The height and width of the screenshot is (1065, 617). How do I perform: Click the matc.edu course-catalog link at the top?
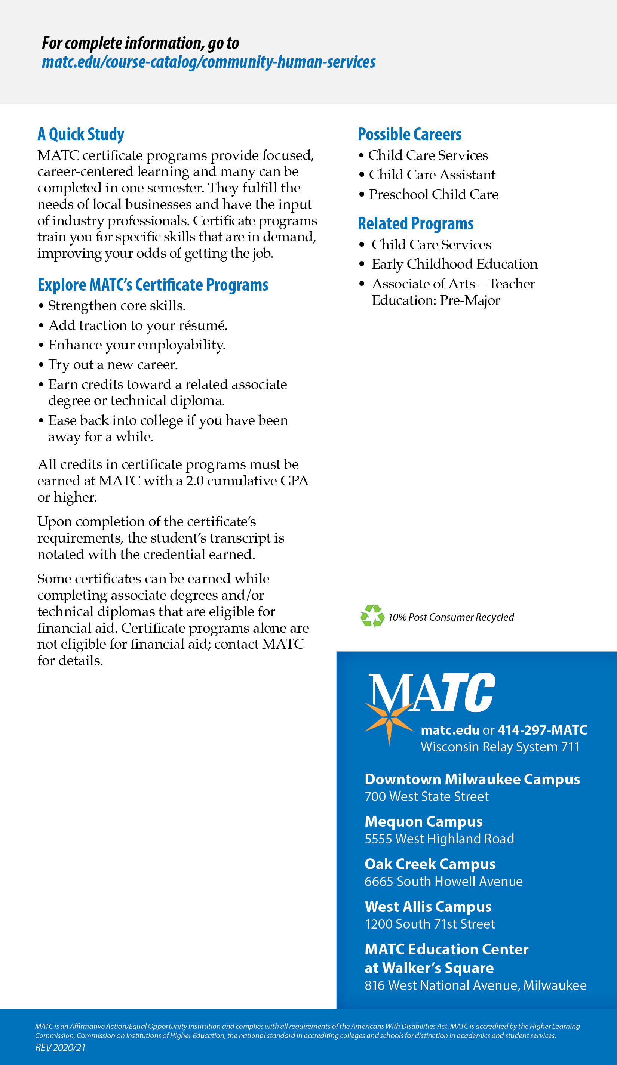[209, 62]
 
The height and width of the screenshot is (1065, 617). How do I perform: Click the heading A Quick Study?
[81, 135]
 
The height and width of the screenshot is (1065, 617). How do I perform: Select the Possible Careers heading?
[409, 135]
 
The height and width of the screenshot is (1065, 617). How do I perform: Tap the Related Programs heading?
[415, 223]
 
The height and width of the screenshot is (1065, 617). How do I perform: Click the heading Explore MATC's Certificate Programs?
[153, 285]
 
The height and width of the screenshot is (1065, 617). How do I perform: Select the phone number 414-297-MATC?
[542, 730]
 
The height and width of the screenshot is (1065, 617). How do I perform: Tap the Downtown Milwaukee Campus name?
[472, 779]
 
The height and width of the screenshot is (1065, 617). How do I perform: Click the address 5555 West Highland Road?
[439, 839]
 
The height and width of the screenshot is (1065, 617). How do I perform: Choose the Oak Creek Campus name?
[430, 864]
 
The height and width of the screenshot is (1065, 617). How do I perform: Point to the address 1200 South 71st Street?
[430, 924]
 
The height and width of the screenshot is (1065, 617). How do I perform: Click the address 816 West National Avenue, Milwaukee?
[475, 985]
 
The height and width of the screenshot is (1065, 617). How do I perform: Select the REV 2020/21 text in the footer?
[61, 1048]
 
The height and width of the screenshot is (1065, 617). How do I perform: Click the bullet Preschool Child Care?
[433, 194]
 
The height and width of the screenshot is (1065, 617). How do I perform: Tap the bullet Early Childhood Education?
[454, 264]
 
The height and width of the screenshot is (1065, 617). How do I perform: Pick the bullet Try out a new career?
[113, 364]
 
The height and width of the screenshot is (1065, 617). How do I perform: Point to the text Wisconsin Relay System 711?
[500, 747]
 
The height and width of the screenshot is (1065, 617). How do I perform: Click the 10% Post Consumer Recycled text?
[451, 617]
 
